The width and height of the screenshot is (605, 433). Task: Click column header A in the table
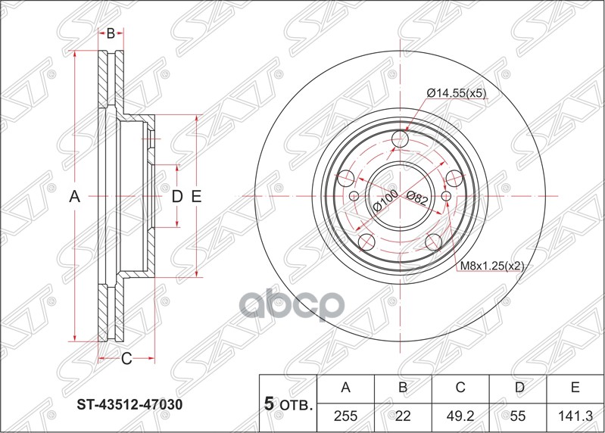tap(345, 388)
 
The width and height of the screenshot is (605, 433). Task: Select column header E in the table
tap(575, 388)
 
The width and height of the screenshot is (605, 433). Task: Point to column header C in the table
tap(460, 388)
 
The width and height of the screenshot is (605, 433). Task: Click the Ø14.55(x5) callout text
tap(456, 93)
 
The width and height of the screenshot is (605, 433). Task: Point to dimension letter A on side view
tap(74, 197)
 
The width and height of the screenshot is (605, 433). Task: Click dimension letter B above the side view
tap(111, 33)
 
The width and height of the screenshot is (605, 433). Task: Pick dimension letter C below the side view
tap(126, 358)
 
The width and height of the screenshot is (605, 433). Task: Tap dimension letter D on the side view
tap(176, 197)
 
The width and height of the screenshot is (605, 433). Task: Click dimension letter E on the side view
tap(195, 197)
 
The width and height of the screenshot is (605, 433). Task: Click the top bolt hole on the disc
tap(401, 140)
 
